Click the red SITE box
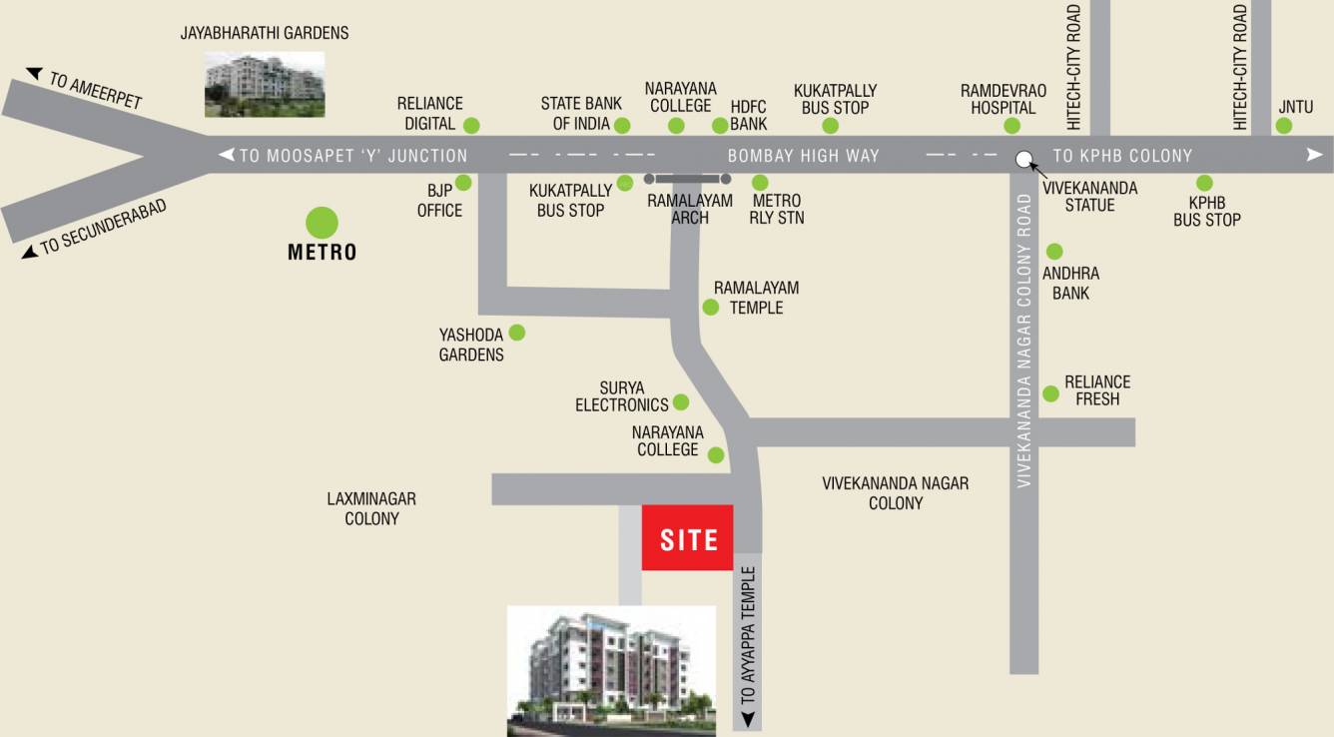click(687, 538)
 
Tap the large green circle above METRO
click(321, 223)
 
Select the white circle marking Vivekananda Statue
click(1023, 159)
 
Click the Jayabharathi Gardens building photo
click(265, 85)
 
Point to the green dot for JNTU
click(1283, 126)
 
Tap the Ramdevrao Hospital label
click(1003, 99)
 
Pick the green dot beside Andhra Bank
click(1054, 252)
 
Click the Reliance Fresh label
click(1097, 390)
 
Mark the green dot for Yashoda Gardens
click(517, 333)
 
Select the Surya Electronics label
click(621, 396)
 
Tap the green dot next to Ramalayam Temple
click(710, 307)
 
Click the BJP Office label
click(439, 201)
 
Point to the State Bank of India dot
click(622, 125)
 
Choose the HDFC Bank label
click(748, 114)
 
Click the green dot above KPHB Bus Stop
click(1204, 183)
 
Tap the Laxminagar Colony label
click(371, 508)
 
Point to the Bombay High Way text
click(803, 156)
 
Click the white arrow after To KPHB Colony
click(1314, 155)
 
